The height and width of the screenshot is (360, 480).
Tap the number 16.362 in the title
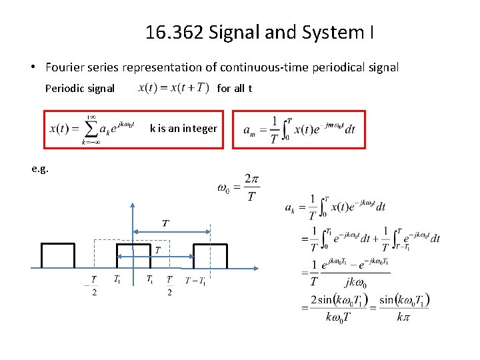click(x=174, y=31)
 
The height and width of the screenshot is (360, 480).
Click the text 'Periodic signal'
click(x=79, y=88)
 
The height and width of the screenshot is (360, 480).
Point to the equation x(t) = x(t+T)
click(x=173, y=87)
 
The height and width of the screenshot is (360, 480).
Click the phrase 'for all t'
click(x=235, y=87)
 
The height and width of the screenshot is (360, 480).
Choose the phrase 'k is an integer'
click(x=183, y=128)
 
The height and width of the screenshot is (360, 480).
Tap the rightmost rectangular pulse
click(x=210, y=255)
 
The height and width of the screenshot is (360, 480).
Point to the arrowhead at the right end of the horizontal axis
click(x=257, y=268)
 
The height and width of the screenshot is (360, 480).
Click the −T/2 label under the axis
click(x=93, y=285)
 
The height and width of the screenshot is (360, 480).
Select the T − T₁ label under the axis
click(x=195, y=280)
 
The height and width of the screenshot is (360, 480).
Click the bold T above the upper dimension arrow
click(x=165, y=222)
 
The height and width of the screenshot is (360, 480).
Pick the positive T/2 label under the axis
click(x=170, y=285)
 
